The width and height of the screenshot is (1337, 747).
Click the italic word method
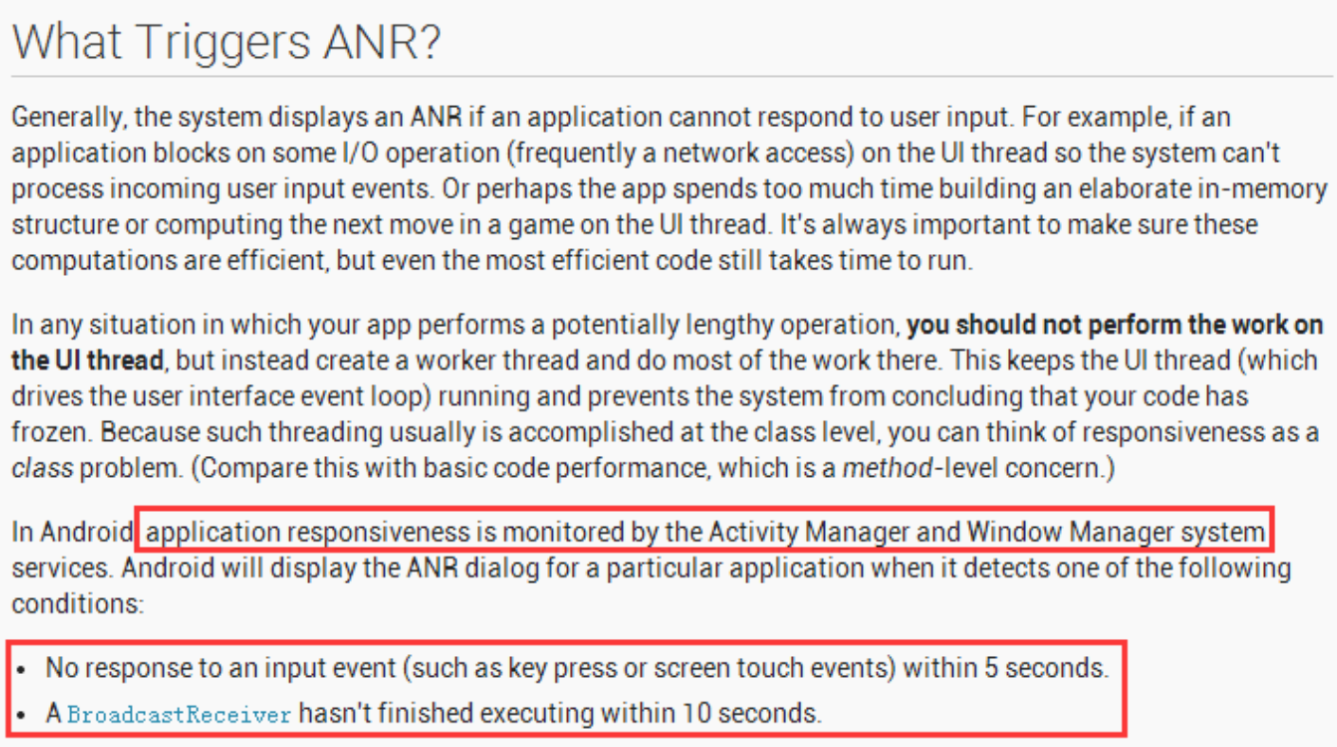click(897, 468)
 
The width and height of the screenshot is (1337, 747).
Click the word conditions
click(77, 604)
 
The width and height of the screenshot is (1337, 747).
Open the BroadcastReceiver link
click(179, 714)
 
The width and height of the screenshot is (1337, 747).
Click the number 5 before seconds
click(991, 668)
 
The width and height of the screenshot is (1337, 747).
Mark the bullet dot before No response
click(22, 669)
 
